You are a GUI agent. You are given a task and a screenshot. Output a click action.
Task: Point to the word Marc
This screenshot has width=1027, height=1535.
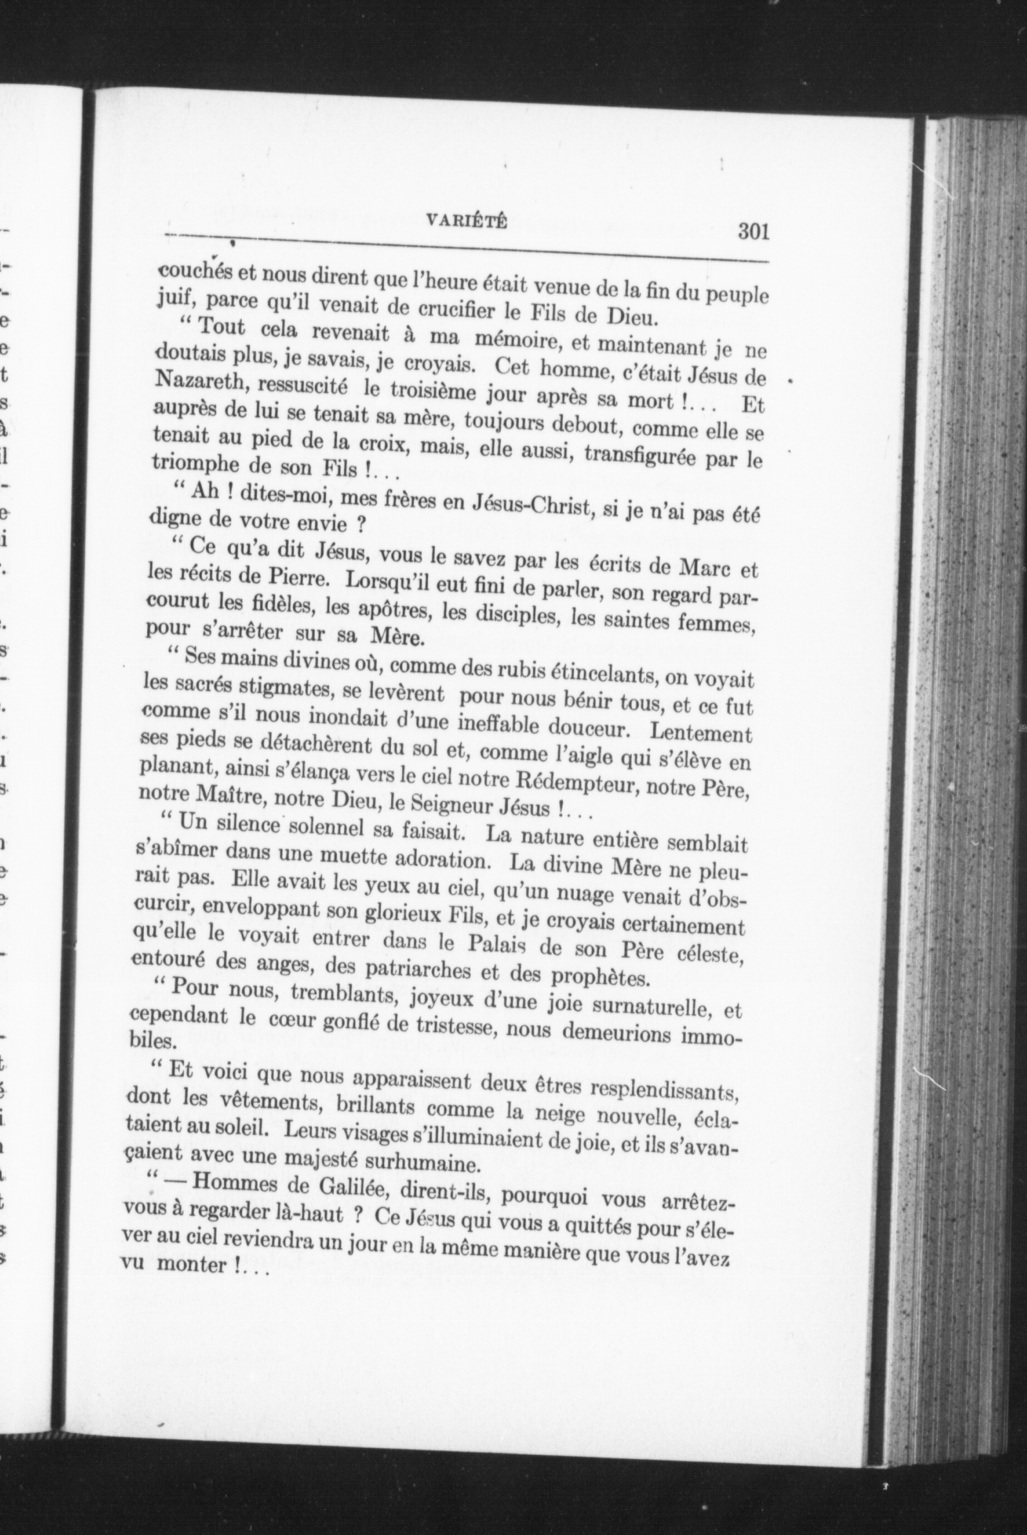[x=694, y=567]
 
